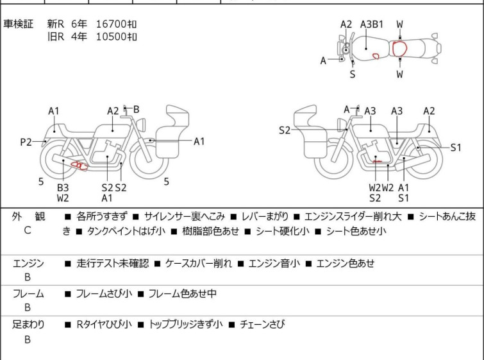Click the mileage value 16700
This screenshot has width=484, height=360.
coord(112,24)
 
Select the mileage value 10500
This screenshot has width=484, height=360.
coord(112,37)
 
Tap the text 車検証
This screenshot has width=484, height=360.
coord(18,24)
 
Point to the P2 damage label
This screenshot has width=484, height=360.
coord(26,142)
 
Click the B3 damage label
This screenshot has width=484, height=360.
coord(63,187)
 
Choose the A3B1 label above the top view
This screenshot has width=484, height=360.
coord(372,24)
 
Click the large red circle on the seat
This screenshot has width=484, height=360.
coord(400,49)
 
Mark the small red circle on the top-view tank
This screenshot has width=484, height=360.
coord(376,56)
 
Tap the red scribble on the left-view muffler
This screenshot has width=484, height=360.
coord(79,166)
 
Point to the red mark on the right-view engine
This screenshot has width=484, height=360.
coord(377,161)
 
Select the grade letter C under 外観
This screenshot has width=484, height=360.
coord(28,230)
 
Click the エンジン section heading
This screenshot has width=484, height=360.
coord(28,263)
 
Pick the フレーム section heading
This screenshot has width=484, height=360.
coord(28,293)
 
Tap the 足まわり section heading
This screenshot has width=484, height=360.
coord(28,324)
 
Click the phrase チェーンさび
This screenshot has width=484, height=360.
coord(262,324)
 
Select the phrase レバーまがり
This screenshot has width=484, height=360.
coord(265,216)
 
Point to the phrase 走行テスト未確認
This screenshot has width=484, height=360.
coord(113,263)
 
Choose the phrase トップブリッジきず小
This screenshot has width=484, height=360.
coord(185,324)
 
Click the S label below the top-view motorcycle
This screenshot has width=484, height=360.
coord(353,74)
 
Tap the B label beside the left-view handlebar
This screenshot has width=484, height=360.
coord(136,109)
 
